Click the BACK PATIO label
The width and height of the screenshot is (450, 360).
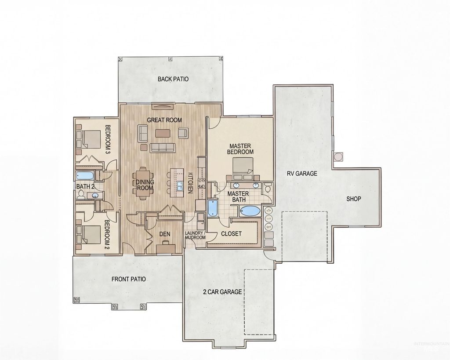click(173, 80)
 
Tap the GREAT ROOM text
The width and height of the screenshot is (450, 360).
click(164, 120)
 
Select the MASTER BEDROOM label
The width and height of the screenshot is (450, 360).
click(240, 149)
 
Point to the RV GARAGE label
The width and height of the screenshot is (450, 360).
click(302, 174)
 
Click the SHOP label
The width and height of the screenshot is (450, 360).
click(353, 199)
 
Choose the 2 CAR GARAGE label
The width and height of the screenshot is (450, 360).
click(223, 291)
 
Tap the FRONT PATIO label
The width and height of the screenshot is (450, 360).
click(128, 279)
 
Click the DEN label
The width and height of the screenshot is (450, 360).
click(165, 234)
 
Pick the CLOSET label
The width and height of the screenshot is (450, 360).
click(231, 234)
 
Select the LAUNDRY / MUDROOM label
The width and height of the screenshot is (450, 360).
click(195, 235)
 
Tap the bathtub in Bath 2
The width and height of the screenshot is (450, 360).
click(85, 176)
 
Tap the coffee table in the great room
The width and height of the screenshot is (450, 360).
click(162, 132)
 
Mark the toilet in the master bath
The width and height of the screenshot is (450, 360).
click(268, 189)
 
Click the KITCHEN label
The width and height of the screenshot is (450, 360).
click(191, 182)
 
